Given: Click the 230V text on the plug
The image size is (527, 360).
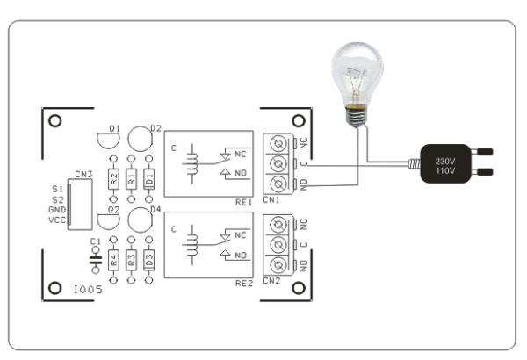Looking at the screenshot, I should pos(444,161).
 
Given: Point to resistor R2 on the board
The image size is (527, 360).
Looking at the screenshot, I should pos(113,180).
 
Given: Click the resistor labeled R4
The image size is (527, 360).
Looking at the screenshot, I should pos(113,261).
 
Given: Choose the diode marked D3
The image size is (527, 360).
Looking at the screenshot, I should pos(148,261).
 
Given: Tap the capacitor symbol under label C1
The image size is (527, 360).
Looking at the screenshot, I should pos(95,260).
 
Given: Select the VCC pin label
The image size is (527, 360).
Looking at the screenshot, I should pos(57,221).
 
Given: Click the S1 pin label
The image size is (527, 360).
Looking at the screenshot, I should pos(58,189).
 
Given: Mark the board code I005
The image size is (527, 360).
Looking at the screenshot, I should pos(88,289).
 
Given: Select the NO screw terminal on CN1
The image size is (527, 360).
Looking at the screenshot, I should pos(278,183).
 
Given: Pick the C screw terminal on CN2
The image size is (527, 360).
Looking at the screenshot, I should pos(278,244).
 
